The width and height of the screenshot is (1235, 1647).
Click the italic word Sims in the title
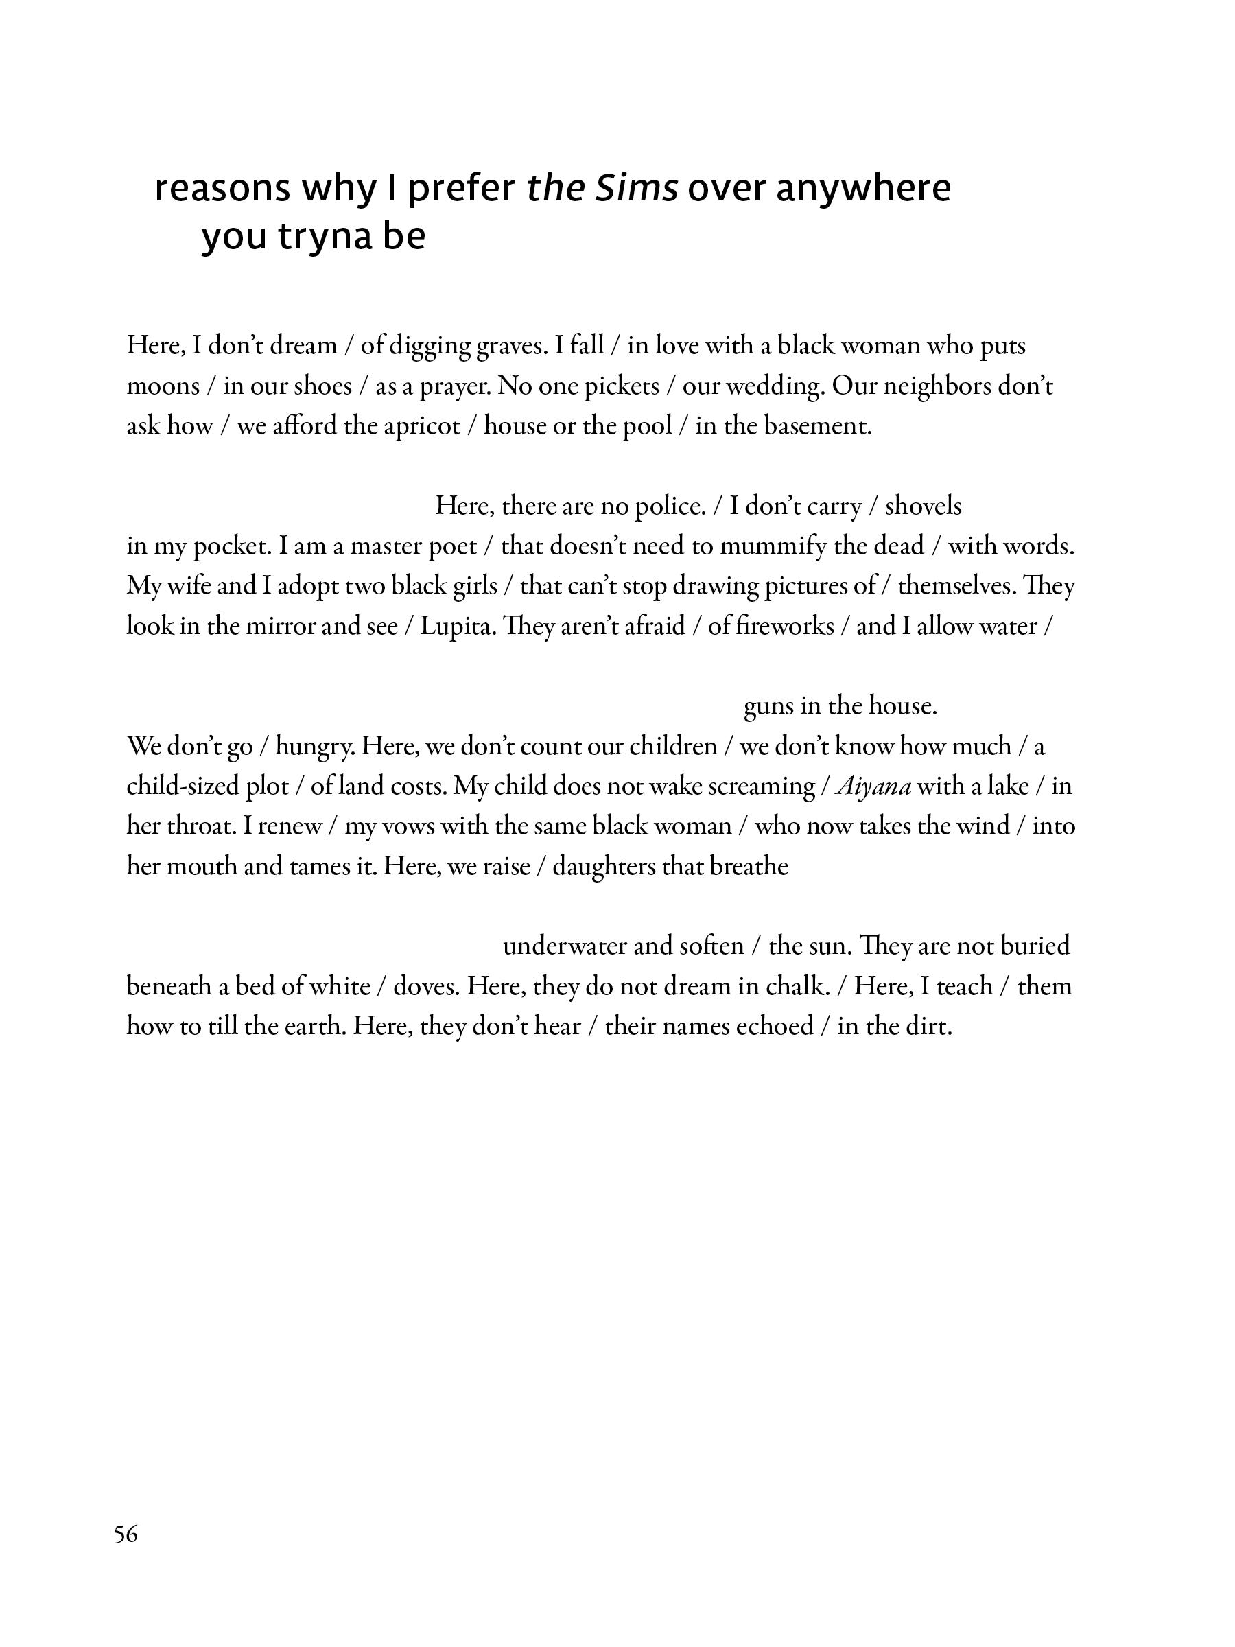click(637, 189)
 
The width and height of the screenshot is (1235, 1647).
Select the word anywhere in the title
click(863, 189)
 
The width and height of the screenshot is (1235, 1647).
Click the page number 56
click(126, 1534)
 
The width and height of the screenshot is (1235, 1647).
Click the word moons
click(163, 386)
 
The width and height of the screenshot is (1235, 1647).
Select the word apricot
click(426, 427)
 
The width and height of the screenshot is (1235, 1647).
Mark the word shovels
click(923, 507)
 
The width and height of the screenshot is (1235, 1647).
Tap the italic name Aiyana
click(874, 787)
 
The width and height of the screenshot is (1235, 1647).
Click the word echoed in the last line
click(774, 1027)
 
